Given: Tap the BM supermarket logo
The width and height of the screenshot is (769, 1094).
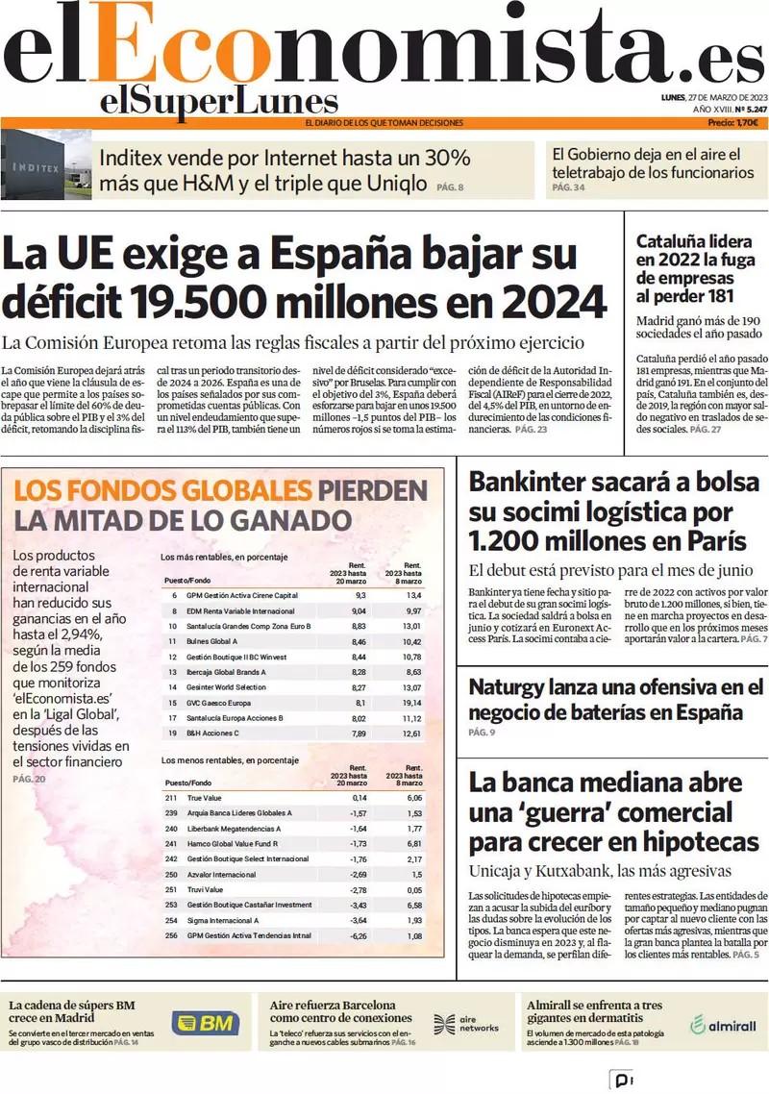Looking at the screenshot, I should pyautogui.click(x=206, y=1023).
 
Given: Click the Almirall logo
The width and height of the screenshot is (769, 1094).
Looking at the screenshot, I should pyautogui.click(x=723, y=1025).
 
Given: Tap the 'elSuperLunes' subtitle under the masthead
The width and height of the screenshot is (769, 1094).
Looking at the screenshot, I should pyautogui.click(x=218, y=102).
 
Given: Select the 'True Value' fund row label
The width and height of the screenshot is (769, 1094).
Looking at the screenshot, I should pyautogui.click(x=205, y=798).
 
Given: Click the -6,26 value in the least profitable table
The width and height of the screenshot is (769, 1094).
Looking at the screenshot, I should pyautogui.click(x=360, y=935).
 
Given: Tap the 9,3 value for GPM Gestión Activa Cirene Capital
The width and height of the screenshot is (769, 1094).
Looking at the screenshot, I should pyautogui.click(x=360, y=595).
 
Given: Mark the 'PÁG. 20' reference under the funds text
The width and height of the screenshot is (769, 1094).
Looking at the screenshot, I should pyautogui.click(x=29, y=779).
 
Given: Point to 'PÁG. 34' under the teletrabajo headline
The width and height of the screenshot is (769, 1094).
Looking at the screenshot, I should pyautogui.click(x=568, y=187).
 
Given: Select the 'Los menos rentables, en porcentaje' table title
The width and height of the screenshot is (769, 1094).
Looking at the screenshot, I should pyautogui.click(x=229, y=760).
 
